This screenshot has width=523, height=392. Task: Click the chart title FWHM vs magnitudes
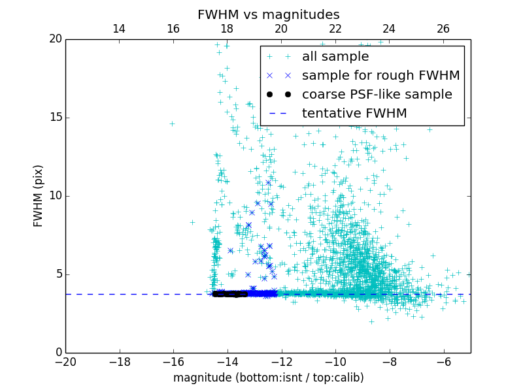coord(268,14)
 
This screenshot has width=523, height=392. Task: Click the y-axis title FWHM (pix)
coord(39,196)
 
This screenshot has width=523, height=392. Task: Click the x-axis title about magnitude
coord(268,378)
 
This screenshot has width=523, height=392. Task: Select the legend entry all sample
coord(335,57)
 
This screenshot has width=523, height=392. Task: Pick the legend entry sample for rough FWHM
coord(380,76)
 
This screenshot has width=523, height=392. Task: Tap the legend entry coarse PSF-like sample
coord(377,95)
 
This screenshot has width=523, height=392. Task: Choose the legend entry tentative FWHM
coord(354,114)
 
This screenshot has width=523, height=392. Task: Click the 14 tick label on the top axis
coord(119,29)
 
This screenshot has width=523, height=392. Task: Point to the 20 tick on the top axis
coord(281,29)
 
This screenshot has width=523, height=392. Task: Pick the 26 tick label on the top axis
coord(443,29)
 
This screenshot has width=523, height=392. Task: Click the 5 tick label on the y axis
coord(57,274)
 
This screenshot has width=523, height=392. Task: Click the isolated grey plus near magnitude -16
coord(173,123)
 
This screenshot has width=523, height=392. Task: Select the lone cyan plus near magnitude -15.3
coord(192,222)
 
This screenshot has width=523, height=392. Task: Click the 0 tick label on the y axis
coord(57,353)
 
